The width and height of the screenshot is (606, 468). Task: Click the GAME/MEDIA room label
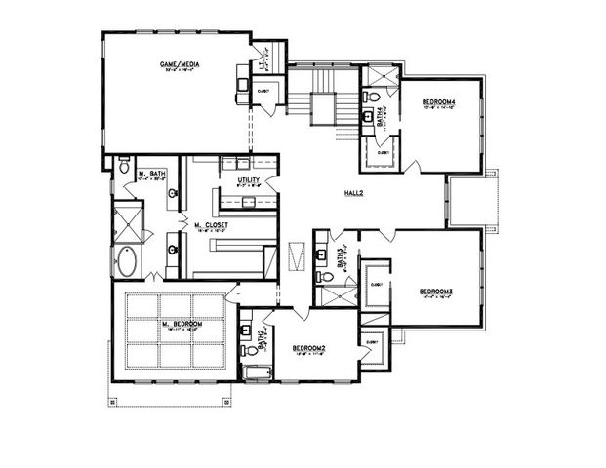[180, 64]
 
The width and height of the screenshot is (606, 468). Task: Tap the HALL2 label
[353, 193]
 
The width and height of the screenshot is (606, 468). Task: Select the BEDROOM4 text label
[439, 101]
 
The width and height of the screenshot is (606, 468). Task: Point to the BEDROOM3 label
[436, 291]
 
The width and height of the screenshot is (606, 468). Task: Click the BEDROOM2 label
[307, 347]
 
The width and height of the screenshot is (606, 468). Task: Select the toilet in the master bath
[124, 168]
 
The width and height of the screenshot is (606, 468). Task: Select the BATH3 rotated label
[340, 257]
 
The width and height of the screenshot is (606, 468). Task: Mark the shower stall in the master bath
[128, 219]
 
